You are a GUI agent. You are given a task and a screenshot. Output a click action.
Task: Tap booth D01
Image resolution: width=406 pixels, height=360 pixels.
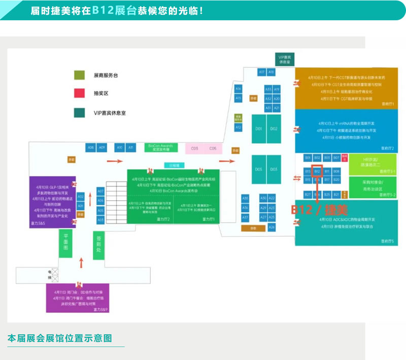point(259,129)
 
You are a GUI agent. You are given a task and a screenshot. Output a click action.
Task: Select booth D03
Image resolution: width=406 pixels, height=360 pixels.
point(274,169)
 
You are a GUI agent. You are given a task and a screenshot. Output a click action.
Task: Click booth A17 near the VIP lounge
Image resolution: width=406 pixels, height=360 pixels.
point(262,73)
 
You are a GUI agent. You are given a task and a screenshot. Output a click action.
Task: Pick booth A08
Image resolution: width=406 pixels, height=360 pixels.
point(91,148)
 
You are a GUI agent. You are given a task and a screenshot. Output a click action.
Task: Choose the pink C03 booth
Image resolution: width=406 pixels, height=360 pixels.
point(194,148)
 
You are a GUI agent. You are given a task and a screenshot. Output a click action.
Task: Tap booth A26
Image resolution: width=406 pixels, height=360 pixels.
point(272,227)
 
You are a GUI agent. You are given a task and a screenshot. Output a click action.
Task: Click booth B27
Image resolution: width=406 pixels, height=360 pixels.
point(308,195)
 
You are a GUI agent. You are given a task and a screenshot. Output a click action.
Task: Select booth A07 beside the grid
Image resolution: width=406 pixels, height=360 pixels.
point(100,192)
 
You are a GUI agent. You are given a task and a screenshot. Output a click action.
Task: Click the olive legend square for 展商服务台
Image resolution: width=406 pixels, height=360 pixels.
point(79,75)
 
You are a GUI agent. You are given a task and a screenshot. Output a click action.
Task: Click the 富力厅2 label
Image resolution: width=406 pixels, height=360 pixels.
point(164,219)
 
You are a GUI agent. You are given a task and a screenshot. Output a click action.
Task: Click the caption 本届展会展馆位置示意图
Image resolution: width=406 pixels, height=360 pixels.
point(60,338)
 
